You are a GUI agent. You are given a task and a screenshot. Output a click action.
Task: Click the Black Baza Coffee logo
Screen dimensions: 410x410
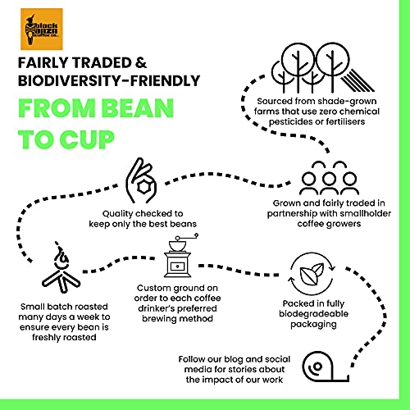(x=42, y=30)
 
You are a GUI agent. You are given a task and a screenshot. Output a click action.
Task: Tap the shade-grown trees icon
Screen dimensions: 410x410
(x=322, y=68)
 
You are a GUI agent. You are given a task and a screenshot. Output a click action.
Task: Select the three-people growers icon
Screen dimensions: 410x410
(x=329, y=178)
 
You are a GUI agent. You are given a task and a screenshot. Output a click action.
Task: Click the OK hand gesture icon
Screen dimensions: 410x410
(x=141, y=180)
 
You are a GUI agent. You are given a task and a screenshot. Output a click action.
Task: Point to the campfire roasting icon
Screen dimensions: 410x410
(x=61, y=267)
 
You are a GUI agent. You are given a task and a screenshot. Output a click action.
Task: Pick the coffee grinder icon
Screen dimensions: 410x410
(x=179, y=255)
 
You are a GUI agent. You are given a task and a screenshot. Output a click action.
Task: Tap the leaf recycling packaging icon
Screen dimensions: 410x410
(x=312, y=274)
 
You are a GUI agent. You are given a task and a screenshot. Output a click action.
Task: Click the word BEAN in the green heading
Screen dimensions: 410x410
(x=139, y=108)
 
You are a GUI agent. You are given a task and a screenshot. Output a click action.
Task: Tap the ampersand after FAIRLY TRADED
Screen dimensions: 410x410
(x=141, y=63)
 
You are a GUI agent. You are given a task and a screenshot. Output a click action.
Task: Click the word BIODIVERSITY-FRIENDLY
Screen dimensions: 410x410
(x=109, y=81)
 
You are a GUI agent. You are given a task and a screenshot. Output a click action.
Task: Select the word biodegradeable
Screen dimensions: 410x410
(x=313, y=314)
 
